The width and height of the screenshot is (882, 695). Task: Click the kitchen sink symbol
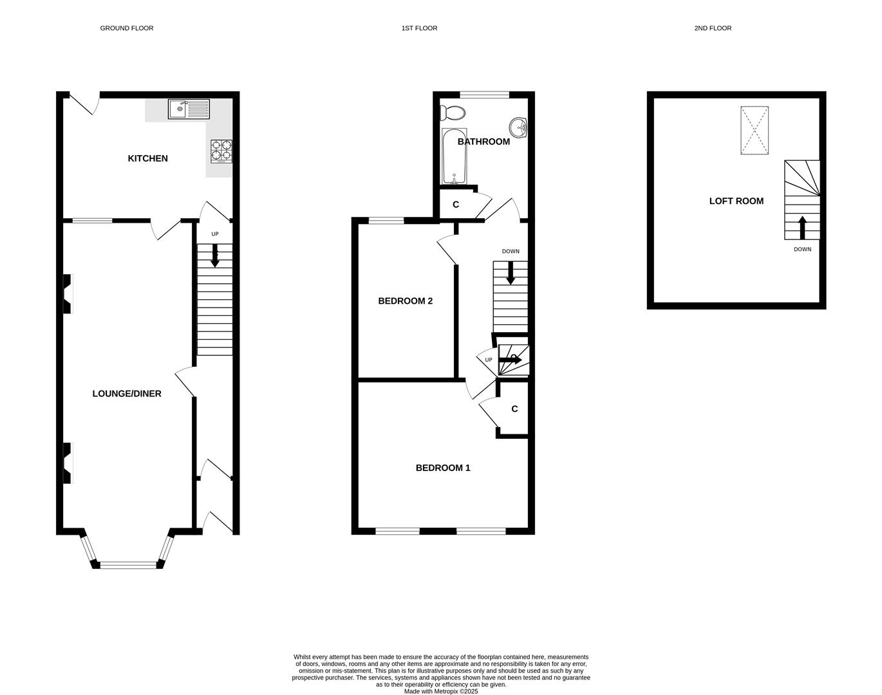189,109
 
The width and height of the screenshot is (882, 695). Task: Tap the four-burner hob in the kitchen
221,151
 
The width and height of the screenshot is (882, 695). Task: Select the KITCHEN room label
147,158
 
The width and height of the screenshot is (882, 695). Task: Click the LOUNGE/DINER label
127,394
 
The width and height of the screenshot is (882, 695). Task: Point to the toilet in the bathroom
454,113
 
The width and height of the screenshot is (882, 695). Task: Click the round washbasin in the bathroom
518,127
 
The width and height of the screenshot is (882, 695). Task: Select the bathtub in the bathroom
454,156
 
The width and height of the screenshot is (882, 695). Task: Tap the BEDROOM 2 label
405,301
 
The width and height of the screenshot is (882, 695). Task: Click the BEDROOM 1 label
443,468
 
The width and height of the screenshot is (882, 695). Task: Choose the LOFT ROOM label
736,201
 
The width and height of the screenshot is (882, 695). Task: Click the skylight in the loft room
754,131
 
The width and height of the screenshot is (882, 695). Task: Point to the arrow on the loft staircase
802,227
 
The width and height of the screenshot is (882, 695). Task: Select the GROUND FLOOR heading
127,28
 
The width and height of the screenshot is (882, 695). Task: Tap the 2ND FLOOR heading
713,28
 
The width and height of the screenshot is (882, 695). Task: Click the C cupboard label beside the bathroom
456,205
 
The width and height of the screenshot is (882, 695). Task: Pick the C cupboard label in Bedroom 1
514,409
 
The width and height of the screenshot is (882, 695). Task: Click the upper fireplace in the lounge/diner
67,294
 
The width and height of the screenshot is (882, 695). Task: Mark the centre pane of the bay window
128,565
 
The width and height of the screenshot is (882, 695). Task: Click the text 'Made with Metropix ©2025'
441,691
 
